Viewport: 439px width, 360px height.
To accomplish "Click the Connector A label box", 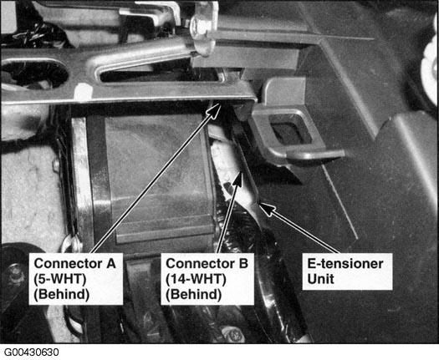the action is tap(76, 279).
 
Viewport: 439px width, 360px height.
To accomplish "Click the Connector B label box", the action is tap(207, 279).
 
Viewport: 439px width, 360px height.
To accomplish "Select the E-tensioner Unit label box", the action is tap(348, 271).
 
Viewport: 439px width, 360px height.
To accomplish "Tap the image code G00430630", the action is tap(32, 352).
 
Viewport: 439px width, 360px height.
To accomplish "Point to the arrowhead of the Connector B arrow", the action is tap(238, 178).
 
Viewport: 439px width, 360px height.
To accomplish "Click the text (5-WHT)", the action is tap(59, 279).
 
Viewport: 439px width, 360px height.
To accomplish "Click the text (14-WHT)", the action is tap(196, 279).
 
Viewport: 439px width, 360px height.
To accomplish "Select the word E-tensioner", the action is tap(345, 264).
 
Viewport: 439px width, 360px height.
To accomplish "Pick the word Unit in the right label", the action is tap(320, 279).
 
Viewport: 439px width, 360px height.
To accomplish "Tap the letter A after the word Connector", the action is tap(111, 263).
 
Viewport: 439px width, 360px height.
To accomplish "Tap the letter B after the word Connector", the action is tap(243, 263).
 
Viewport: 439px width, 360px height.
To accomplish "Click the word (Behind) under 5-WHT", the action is tap(62, 294).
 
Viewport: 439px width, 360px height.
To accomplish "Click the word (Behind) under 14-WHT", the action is tap(193, 294).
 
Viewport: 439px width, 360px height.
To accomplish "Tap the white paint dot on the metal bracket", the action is tap(83, 92).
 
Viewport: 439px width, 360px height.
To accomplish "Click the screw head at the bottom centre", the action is tap(233, 335).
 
